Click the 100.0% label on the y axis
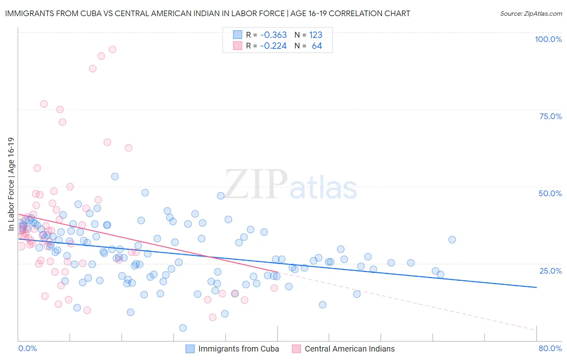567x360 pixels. click(548, 39)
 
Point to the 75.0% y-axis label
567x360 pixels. click(550, 116)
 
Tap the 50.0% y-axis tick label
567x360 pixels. click(550, 193)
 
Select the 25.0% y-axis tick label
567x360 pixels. click(550, 270)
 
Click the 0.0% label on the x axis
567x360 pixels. click(27, 348)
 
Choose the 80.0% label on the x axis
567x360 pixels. click(550, 348)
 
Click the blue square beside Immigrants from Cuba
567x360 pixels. click(190, 349)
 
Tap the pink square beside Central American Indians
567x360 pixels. click(296, 349)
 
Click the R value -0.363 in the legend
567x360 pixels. click(273, 35)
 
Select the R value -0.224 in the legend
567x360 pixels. click(273, 46)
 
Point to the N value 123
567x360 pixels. click(315, 35)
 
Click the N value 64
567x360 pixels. click(317, 46)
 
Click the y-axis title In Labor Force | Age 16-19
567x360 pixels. click(11, 184)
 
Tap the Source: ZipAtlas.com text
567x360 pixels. click(531, 13)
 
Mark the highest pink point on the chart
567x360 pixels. click(113, 49)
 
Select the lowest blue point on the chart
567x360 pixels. click(183, 328)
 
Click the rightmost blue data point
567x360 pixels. click(452, 240)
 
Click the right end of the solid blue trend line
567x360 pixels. click(536, 287)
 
